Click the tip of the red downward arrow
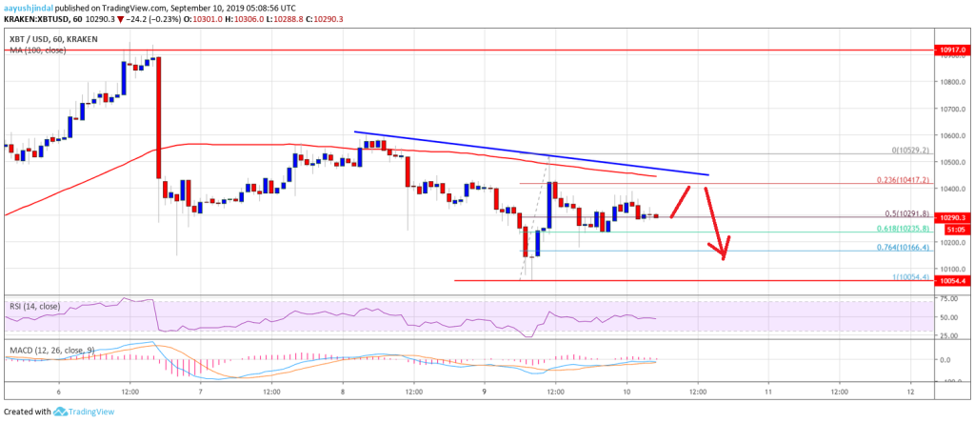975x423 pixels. [x=725, y=259]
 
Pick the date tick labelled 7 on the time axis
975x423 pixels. [x=201, y=391]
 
